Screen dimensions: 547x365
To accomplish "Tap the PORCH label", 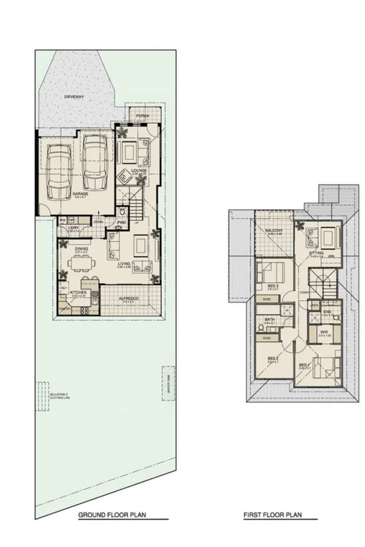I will point(142,116).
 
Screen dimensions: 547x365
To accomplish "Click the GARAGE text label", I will point(81,193).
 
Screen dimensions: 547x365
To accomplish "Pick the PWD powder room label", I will point(121,223).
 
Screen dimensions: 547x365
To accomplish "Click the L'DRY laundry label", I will point(73,228).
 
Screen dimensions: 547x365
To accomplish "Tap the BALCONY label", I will point(274,231).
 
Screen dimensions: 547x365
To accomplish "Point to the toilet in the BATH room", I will point(261,327).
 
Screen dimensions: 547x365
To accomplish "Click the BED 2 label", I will point(272,359).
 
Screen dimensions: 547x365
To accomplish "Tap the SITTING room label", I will point(316,253).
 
